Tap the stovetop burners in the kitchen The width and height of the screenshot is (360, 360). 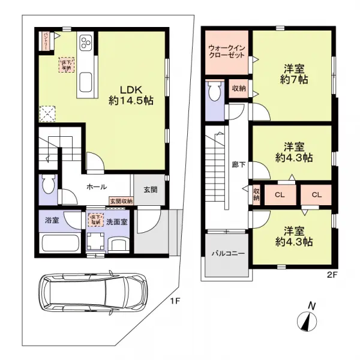[85, 43]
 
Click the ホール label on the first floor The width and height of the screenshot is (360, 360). [97, 187]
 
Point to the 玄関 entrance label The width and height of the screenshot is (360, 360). [150, 190]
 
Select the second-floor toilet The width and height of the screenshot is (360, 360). [214, 92]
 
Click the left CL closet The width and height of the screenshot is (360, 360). [280, 194]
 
